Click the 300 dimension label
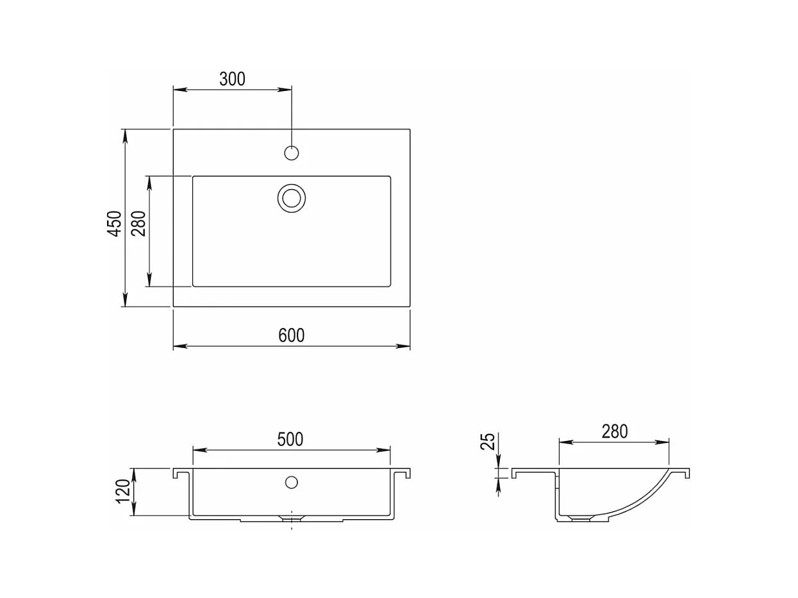(232, 79)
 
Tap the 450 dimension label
(115, 223)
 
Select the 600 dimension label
(291, 335)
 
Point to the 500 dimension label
(290, 439)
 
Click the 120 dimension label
(123, 491)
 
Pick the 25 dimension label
(488, 442)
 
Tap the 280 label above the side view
(615, 431)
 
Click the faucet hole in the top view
(291, 153)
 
